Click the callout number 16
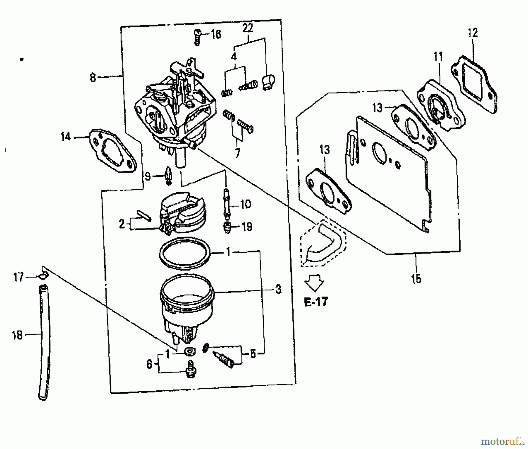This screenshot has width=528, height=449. (216, 35)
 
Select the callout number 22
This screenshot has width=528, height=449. (248, 28)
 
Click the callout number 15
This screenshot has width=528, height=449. (416, 278)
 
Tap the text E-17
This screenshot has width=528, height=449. (316, 302)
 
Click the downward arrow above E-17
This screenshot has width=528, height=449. (314, 282)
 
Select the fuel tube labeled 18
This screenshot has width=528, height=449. (44, 342)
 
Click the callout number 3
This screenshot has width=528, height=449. (278, 290)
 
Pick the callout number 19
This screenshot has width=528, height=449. (247, 227)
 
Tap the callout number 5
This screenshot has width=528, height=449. (253, 354)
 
